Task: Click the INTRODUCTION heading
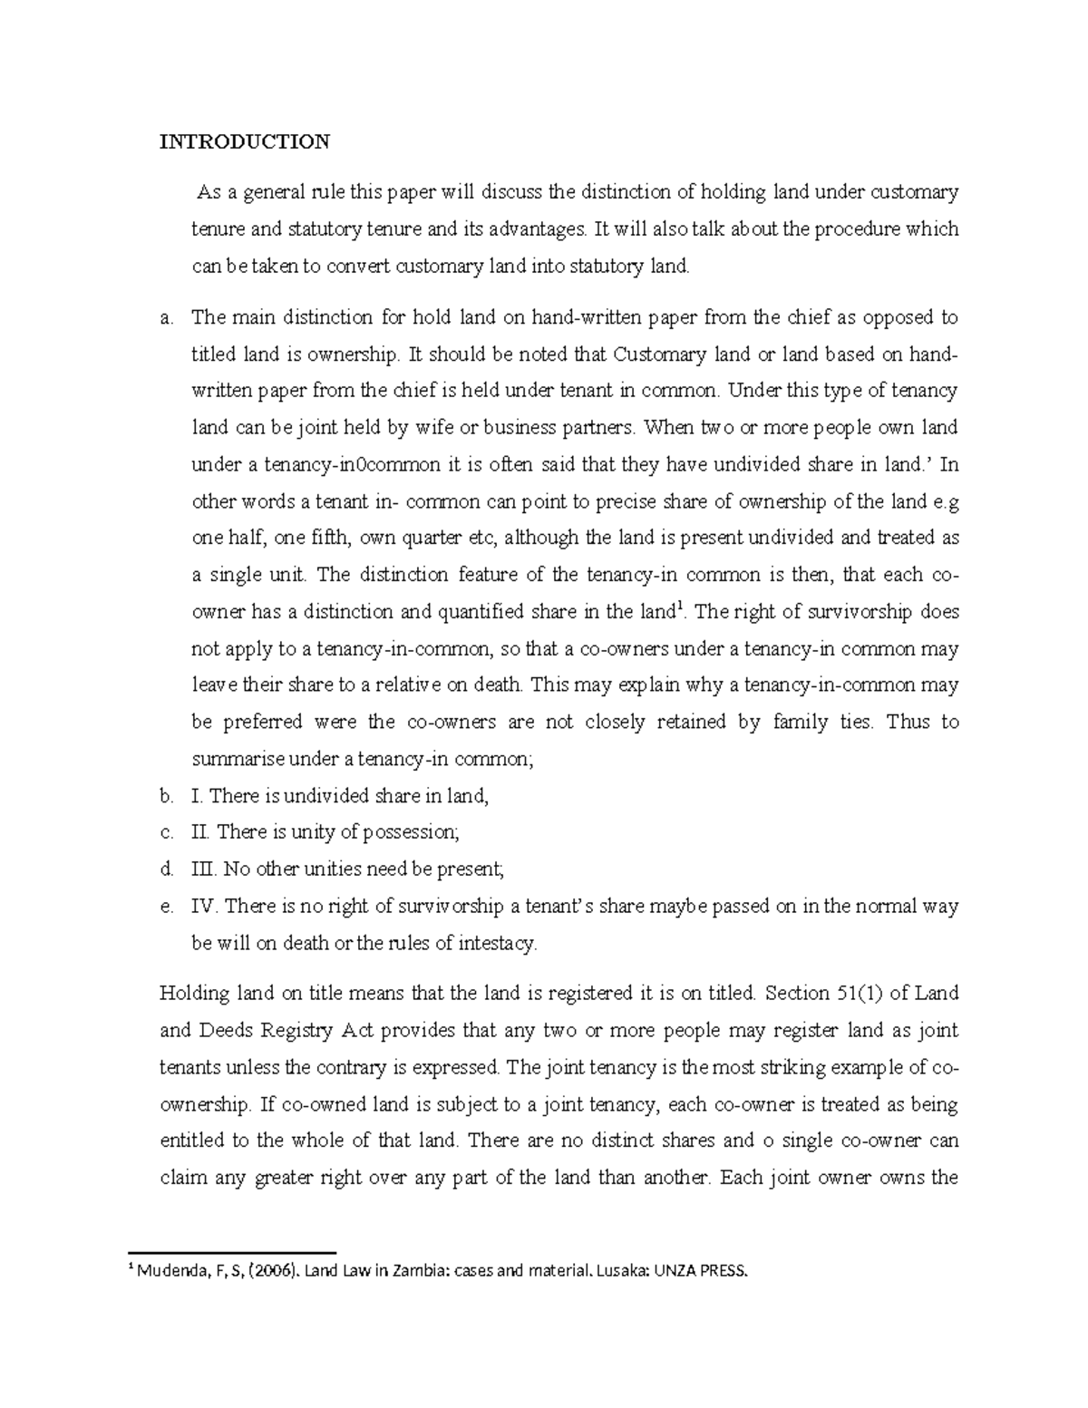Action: (x=245, y=141)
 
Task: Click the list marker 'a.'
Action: (x=165, y=317)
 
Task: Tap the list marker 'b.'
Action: (x=165, y=796)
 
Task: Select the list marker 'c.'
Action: (x=165, y=832)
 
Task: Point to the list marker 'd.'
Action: (x=165, y=869)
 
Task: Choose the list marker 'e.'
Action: (x=165, y=907)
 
